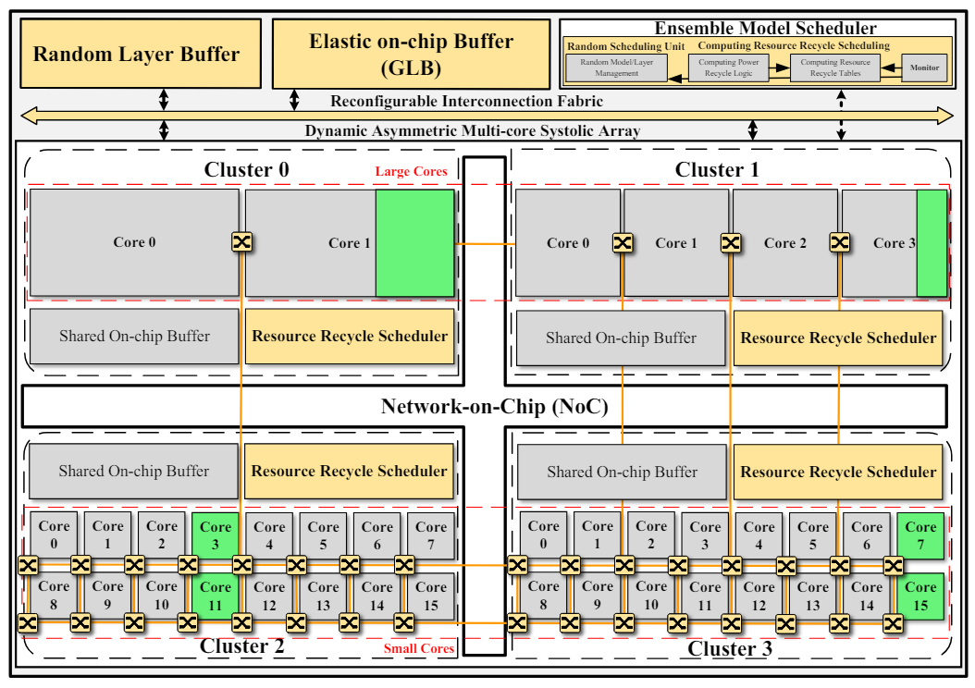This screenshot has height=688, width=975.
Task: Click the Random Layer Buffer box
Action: (x=136, y=54)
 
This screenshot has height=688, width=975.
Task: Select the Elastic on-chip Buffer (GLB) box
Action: (x=411, y=54)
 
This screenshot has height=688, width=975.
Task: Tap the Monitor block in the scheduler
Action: (x=924, y=68)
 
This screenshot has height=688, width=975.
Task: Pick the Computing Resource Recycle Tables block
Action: (x=835, y=68)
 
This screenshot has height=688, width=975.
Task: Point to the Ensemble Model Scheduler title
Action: (x=765, y=29)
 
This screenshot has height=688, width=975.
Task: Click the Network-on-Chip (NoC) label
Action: (x=494, y=406)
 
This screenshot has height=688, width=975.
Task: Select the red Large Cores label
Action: (x=411, y=172)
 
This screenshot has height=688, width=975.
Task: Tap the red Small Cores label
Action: (x=419, y=648)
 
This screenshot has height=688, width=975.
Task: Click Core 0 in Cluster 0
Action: (x=134, y=242)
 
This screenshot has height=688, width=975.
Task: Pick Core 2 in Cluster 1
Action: (x=785, y=243)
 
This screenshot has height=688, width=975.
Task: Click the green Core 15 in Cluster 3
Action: (x=920, y=596)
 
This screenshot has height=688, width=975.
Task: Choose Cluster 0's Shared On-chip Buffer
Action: (x=134, y=336)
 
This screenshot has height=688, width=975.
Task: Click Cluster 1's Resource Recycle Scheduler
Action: (x=838, y=338)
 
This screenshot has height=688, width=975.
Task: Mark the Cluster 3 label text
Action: (x=729, y=649)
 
